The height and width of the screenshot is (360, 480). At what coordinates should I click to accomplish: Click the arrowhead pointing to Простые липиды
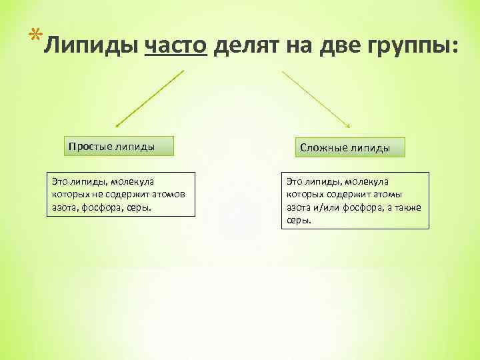[118, 124]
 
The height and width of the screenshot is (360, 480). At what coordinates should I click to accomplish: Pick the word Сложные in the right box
[322, 147]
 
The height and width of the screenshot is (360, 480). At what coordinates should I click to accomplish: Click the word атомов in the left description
[167, 193]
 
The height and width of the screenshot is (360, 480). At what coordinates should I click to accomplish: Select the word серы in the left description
[139, 207]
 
